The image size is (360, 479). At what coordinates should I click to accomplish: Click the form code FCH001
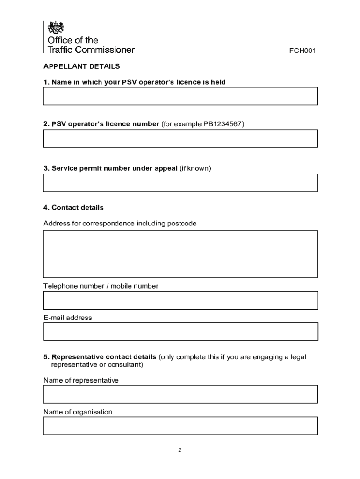pos(303,51)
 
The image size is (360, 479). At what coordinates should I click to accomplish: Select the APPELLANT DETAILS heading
pos(82,66)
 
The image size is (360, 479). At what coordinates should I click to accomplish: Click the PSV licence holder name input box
pos(180,96)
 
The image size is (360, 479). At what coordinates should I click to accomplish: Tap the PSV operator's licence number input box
pos(180,138)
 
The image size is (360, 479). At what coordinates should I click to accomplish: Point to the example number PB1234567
pos(223,124)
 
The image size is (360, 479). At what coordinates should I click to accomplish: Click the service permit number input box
pos(180,182)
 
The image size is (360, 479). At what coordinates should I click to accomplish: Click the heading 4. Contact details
pos(73,207)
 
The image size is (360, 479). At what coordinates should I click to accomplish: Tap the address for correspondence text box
pos(180,254)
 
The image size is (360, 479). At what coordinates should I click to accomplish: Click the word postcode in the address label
pos(182,224)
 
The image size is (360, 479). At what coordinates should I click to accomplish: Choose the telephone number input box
pos(180,300)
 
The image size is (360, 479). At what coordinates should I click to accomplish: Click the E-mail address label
pos(68,318)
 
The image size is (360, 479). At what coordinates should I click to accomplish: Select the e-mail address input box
pos(180,331)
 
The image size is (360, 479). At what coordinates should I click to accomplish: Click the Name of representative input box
pos(180,394)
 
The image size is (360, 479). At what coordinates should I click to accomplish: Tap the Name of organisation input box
pos(180,426)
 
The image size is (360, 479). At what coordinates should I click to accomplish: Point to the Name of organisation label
pos(78,412)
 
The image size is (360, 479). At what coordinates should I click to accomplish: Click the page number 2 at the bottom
pos(180,450)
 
